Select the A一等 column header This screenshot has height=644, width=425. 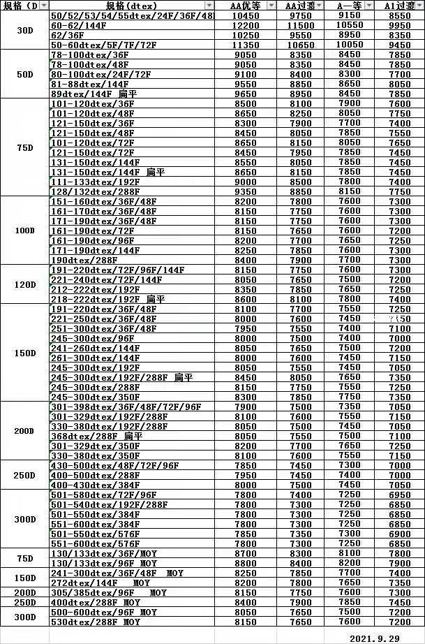coord(349,6)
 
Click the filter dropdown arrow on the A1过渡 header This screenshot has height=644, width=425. coord(418,6)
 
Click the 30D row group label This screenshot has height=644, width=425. coord(24,30)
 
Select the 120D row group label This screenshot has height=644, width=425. coord(24,285)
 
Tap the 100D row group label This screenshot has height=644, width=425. coord(24,230)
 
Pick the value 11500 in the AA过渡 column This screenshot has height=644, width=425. coord(300,25)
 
